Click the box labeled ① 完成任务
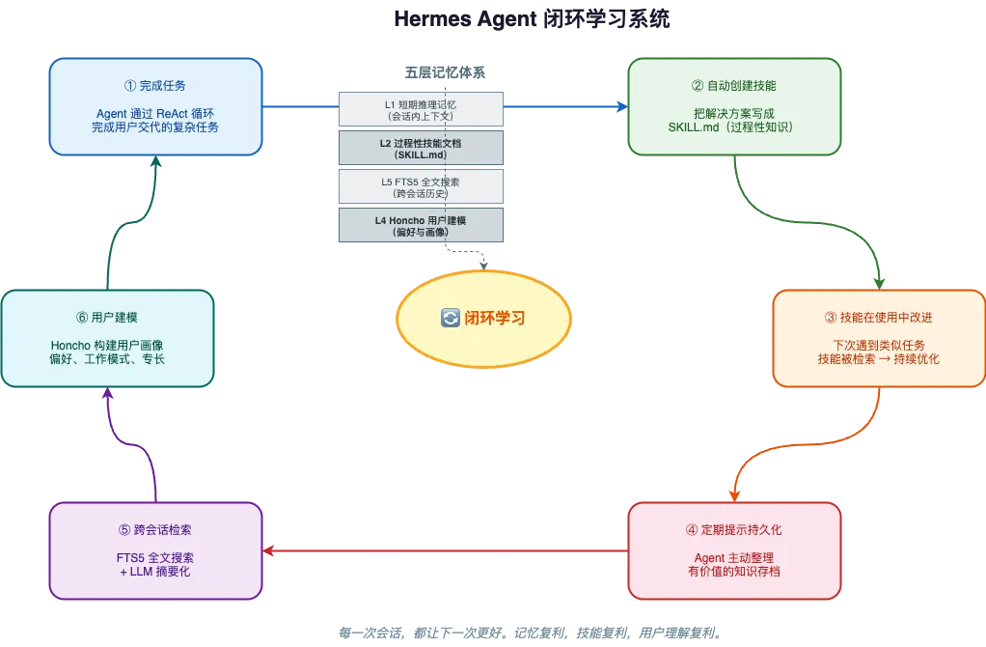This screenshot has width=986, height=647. (x=155, y=106)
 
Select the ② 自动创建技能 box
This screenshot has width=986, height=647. (x=734, y=106)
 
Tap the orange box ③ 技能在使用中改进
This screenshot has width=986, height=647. (x=878, y=338)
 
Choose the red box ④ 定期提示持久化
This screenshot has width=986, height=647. (x=734, y=550)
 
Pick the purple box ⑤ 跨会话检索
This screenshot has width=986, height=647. (x=155, y=550)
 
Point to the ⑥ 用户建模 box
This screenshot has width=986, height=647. (x=106, y=338)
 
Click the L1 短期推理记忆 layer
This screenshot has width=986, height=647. (x=420, y=109)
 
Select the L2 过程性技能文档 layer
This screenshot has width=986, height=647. (x=420, y=148)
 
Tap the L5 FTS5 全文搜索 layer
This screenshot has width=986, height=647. (x=420, y=186)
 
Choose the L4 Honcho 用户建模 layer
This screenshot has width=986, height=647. (x=420, y=225)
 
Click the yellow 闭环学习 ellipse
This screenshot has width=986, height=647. (x=484, y=318)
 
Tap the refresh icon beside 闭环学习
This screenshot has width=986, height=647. (x=450, y=318)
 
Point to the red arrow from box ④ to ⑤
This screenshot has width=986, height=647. (x=444, y=551)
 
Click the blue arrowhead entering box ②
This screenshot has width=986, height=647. (x=621, y=106)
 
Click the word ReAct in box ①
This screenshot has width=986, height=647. (x=175, y=113)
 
